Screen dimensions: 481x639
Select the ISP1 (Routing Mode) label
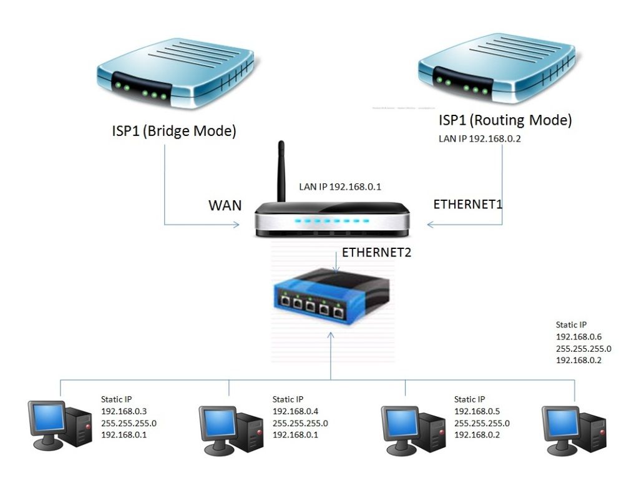tap(505, 120)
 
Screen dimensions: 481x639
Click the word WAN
tap(225, 205)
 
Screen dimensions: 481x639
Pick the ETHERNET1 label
tap(467, 204)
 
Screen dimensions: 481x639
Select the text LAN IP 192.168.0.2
tap(480, 139)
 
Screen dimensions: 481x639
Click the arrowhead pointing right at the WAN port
tap(237, 224)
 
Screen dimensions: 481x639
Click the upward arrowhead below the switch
tap(331, 336)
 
